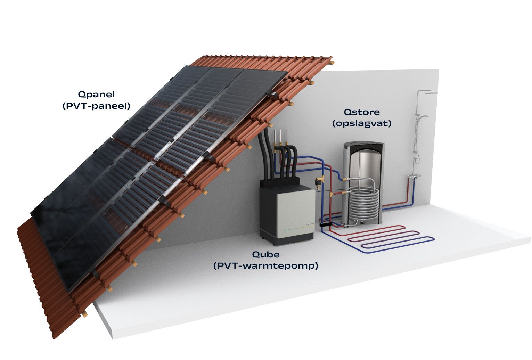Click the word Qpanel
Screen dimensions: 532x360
(x=96, y=95)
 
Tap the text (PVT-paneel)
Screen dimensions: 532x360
(x=96, y=106)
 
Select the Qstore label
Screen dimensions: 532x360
(x=361, y=112)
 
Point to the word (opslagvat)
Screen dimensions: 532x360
(x=361, y=123)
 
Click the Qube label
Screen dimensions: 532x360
(x=265, y=255)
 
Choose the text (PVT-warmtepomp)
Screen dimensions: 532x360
(x=265, y=266)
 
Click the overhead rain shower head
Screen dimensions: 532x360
(x=431, y=93)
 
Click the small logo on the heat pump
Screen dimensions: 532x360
(x=309, y=224)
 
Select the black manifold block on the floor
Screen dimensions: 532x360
(x=326, y=224)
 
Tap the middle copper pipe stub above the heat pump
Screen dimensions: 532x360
(x=280, y=137)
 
